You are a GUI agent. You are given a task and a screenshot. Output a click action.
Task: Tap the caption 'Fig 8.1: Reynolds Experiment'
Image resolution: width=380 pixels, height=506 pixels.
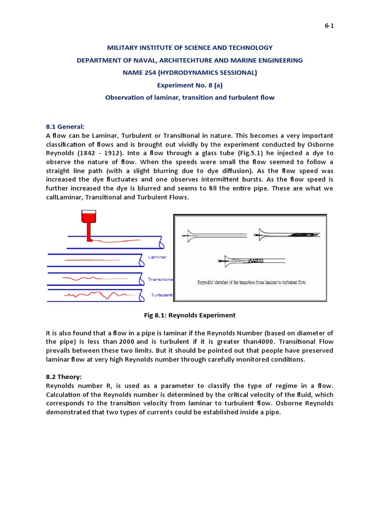[x=190, y=315]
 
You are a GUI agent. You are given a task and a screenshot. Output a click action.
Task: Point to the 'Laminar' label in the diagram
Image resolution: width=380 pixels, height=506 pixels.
[x=157, y=257]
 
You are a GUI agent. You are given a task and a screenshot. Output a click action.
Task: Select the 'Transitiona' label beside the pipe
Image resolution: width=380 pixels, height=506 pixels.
[x=160, y=279]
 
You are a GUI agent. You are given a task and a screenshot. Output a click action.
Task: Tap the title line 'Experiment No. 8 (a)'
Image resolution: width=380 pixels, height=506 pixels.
[x=190, y=85]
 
